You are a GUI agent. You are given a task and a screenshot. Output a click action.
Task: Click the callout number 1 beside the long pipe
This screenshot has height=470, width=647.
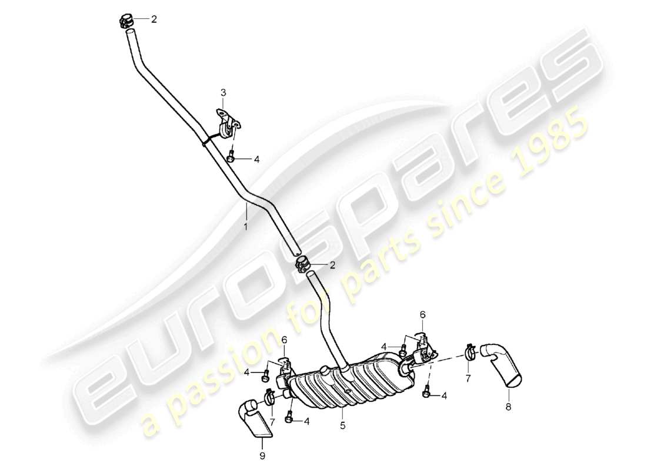pos(246,225)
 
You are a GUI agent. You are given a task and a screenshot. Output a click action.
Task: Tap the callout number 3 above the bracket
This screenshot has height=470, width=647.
pos(224,92)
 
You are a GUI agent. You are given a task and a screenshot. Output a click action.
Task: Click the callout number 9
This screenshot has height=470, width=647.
pos(262,455)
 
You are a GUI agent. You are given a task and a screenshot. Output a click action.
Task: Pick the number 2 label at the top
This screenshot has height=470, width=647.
pos(154,19)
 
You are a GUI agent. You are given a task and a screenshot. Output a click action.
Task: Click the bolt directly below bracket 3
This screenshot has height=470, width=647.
pos(232,157)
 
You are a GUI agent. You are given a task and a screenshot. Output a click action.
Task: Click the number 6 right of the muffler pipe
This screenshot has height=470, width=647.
pos(422,315)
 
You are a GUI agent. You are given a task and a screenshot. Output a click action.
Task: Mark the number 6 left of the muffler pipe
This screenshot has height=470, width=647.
pos(284,340)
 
